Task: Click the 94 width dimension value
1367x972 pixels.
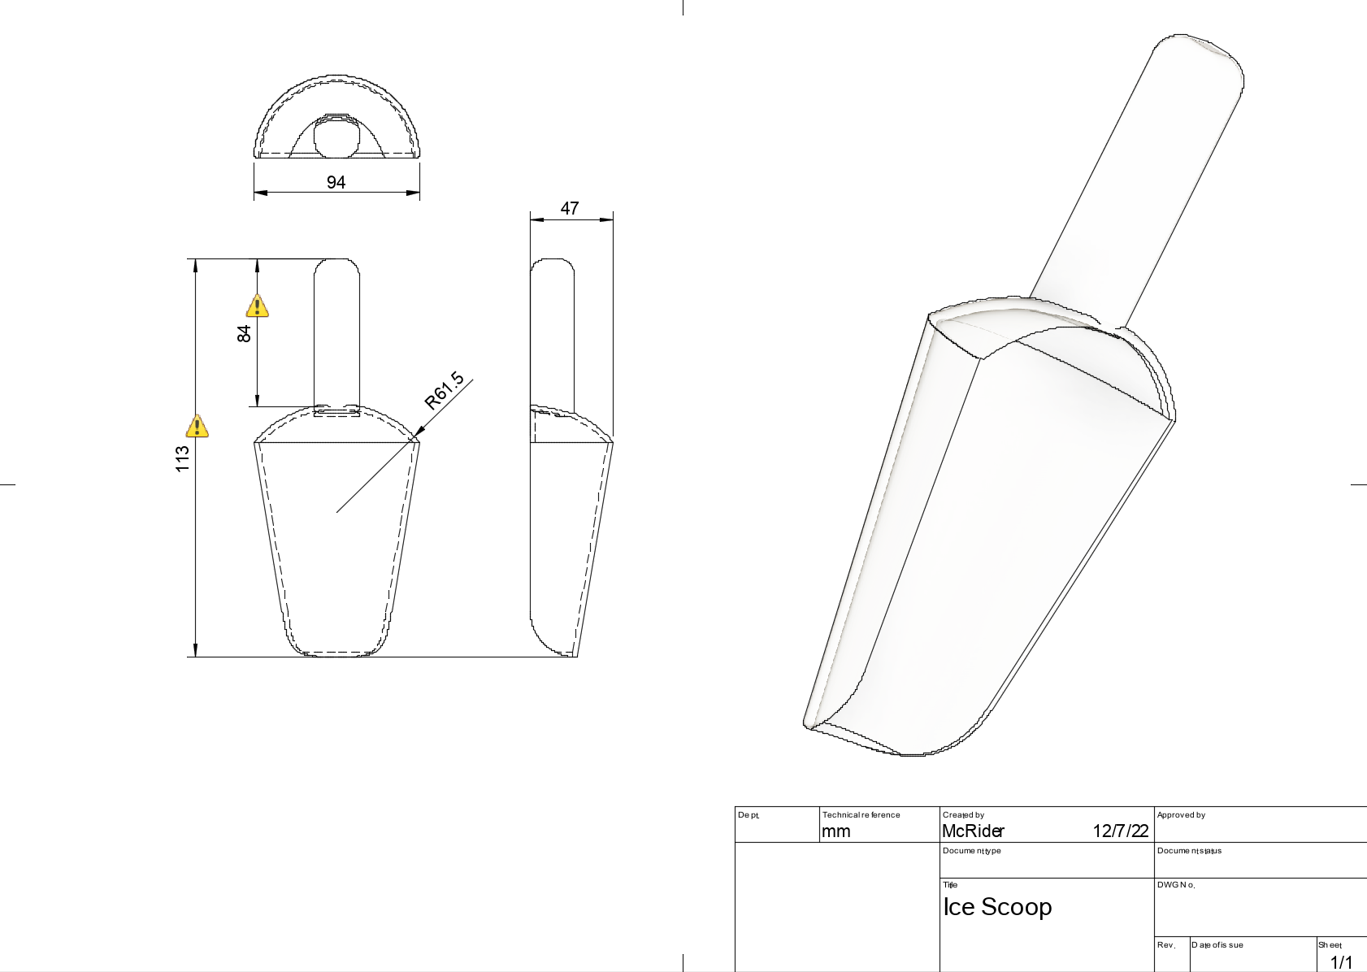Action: point(336,182)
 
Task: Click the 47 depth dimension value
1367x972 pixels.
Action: point(570,208)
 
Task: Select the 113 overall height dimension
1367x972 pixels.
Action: point(182,458)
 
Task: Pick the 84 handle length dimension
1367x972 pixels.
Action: point(244,334)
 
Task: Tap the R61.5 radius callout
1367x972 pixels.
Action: point(445,390)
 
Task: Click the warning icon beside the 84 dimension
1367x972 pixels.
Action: point(258,306)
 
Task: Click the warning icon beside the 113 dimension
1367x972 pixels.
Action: point(197,426)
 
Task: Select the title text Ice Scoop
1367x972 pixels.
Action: point(997,907)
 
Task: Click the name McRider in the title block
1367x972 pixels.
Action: point(973,831)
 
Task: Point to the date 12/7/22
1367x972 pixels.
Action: point(1120,831)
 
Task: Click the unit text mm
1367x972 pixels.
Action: point(835,831)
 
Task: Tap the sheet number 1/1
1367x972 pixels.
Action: point(1341,962)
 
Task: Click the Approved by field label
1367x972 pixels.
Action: point(1181,815)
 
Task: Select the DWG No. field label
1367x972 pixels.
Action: point(1176,885)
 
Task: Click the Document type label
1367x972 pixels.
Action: point(971,851)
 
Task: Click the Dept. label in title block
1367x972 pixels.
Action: point(749,815)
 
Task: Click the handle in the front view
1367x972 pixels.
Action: point(336,333)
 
